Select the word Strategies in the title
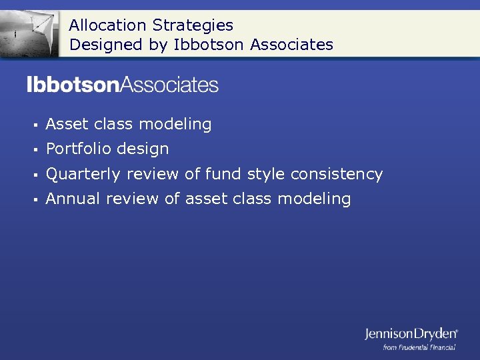[x=193, y=25]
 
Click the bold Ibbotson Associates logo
[x=123, y=85]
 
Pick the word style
[x=267, y=174]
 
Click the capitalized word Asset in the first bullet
[x=67, y=124]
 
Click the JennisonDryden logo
[x=411, y=333]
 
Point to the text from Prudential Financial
[x=419, y=347]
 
